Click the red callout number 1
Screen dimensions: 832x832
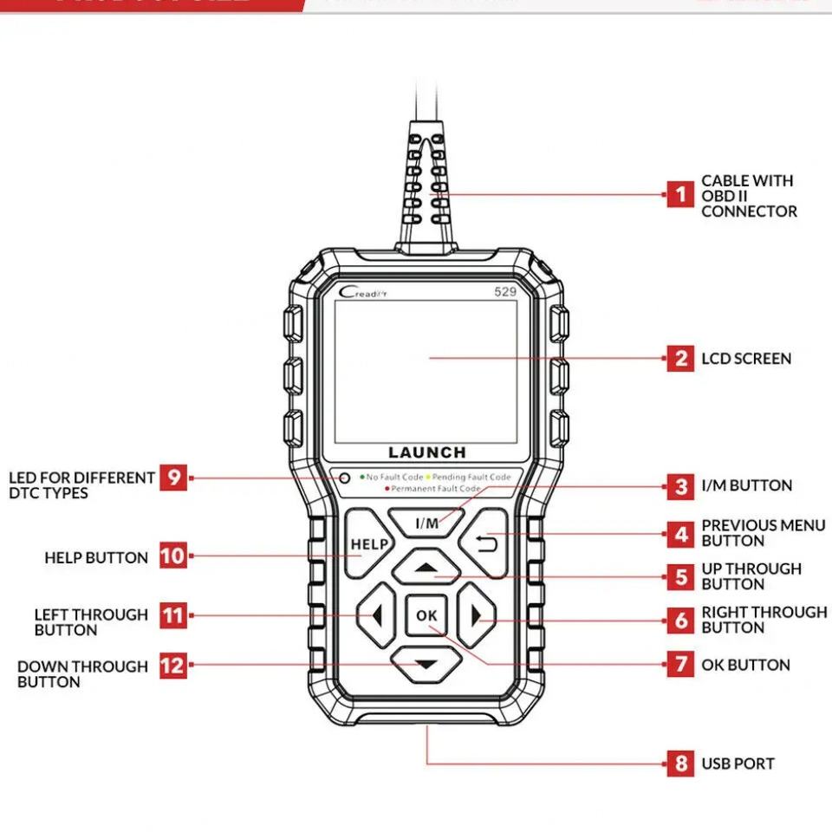coord(680,194)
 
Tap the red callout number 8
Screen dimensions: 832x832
coord(680,764)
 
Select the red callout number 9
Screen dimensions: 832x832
coord(173,478)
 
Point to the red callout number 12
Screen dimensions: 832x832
coord(173,666)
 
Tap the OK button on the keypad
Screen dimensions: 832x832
coord(426,615)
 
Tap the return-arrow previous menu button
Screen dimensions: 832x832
coord(483,543)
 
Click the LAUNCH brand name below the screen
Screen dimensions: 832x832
coord(426,452)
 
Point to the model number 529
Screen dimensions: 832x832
coord(505,292)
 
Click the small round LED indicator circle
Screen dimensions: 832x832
coord(345,478)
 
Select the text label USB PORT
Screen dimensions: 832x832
coord(738,764)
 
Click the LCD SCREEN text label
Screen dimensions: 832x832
coord(745,359)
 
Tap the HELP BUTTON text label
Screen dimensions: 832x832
coord(96,557)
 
